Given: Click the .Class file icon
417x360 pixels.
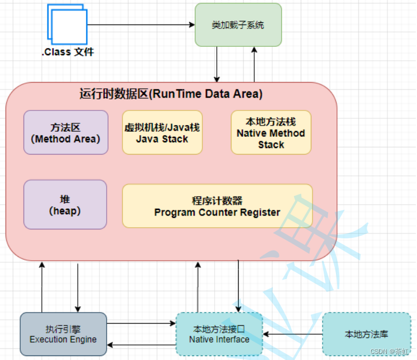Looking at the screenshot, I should click(68, 25).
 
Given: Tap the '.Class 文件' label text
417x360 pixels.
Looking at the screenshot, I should click(68, 52).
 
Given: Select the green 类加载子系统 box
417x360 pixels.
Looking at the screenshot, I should click(238, 25).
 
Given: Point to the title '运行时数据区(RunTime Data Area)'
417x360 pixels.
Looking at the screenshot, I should click(170, 94).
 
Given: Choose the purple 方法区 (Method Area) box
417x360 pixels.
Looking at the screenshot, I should click(66, 132).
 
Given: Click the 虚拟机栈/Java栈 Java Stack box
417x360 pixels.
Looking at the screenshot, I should click(162, 132).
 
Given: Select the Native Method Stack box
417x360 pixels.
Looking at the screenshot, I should click(271, 132).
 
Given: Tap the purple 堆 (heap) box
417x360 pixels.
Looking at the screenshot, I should click(65, 204).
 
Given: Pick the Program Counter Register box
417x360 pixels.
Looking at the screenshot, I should click(217, 206).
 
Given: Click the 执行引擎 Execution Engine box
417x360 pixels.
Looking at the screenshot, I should click(63, 334).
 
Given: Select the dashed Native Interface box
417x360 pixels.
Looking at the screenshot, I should click(219, 334).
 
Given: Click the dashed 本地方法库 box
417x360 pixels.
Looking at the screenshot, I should click(366, 334).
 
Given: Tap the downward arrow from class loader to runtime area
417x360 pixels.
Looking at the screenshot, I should click(217, 64).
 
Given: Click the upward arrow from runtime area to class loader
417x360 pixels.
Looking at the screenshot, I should click(254, 64).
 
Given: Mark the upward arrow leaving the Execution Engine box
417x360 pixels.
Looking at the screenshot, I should click(42, 287).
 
